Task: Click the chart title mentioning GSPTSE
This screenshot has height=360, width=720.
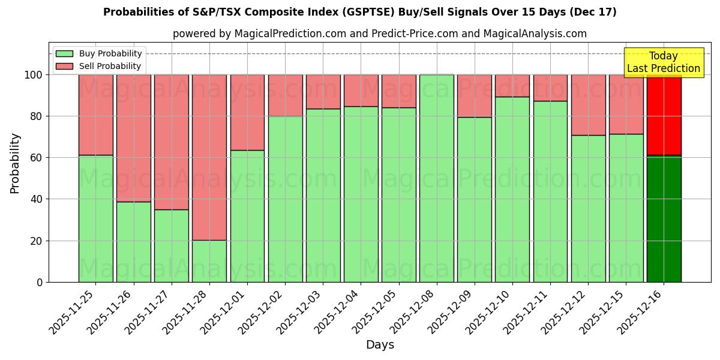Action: [359, 12]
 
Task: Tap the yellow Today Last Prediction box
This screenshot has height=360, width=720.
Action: [663, 62]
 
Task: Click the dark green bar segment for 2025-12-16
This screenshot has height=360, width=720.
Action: [664, 218]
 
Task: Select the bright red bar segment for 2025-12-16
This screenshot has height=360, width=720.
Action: [664, 115]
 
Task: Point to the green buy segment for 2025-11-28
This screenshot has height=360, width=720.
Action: [209, 261]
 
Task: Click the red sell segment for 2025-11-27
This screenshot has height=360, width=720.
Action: [172, 142]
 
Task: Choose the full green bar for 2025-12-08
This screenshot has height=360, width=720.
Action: [437, 178]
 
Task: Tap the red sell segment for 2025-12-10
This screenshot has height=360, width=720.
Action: [512, 86]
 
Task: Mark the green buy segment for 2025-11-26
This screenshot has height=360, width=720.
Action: [133, 242]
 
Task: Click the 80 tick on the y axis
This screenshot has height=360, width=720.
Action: [37, 116]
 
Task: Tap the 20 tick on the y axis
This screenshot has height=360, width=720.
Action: [37, 241]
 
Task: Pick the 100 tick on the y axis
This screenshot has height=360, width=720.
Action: [34, 75]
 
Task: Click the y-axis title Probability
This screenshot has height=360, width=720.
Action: [15, 163]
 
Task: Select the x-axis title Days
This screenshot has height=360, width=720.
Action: [380, 345]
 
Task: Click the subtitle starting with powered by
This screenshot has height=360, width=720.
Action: [379, 34]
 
